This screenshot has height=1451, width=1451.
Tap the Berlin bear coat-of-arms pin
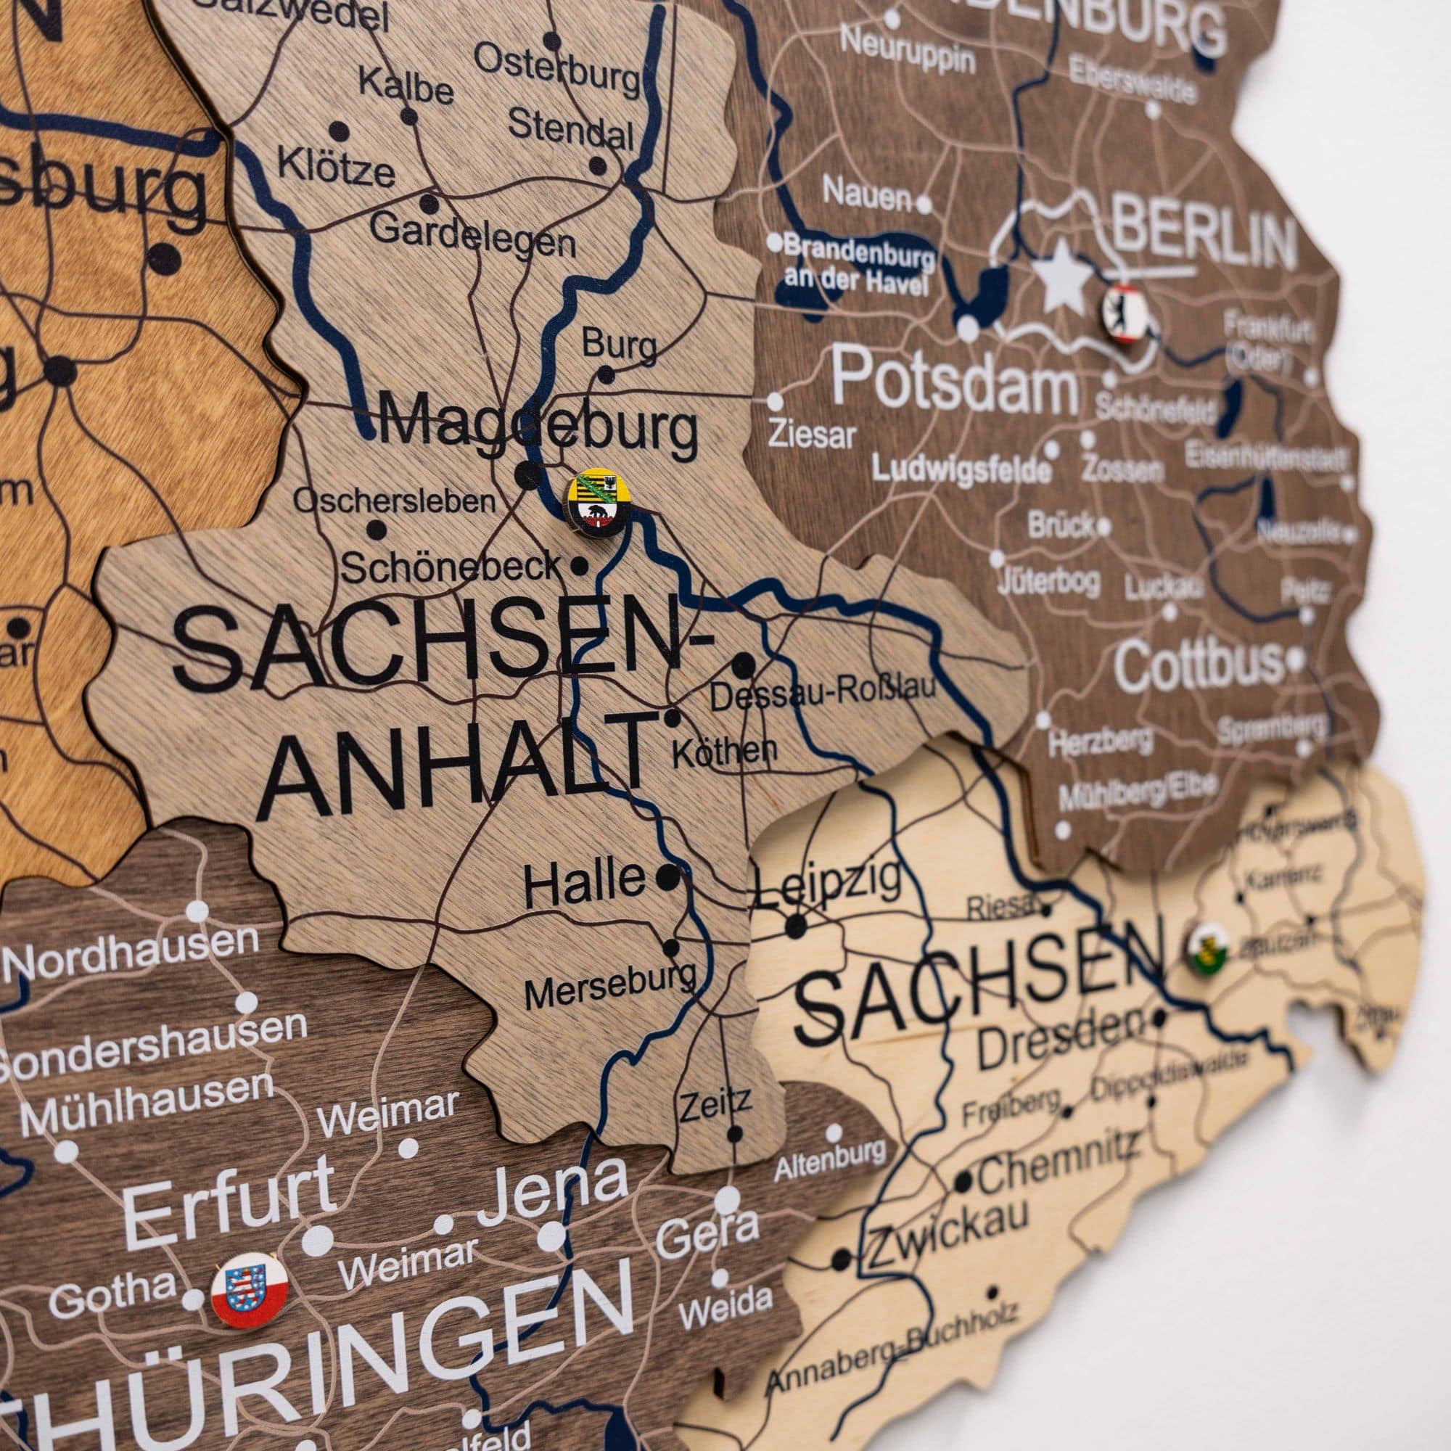[1125, 314]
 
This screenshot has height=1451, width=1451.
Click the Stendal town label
[571, 129]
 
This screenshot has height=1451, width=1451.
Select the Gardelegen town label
[473, 234]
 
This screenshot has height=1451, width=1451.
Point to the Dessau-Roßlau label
[823, 691]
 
